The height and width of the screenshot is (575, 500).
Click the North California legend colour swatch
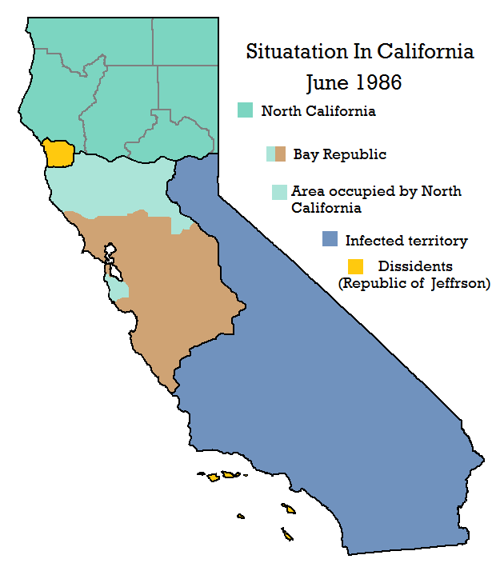[245, 111]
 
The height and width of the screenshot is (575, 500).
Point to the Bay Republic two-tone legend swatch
[276, 154]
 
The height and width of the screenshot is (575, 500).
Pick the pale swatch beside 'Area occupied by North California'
[279, 192]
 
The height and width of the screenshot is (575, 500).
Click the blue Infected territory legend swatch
[330, 239]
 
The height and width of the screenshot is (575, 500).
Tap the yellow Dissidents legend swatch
[355, 266]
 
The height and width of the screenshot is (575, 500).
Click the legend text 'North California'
[318, 111]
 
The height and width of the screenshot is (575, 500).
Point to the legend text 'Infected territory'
[406, 240]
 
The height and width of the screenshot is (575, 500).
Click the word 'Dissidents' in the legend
[415, 266]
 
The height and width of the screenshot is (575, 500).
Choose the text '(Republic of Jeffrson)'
[414, 283]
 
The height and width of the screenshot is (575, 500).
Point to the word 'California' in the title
[425, 53]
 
